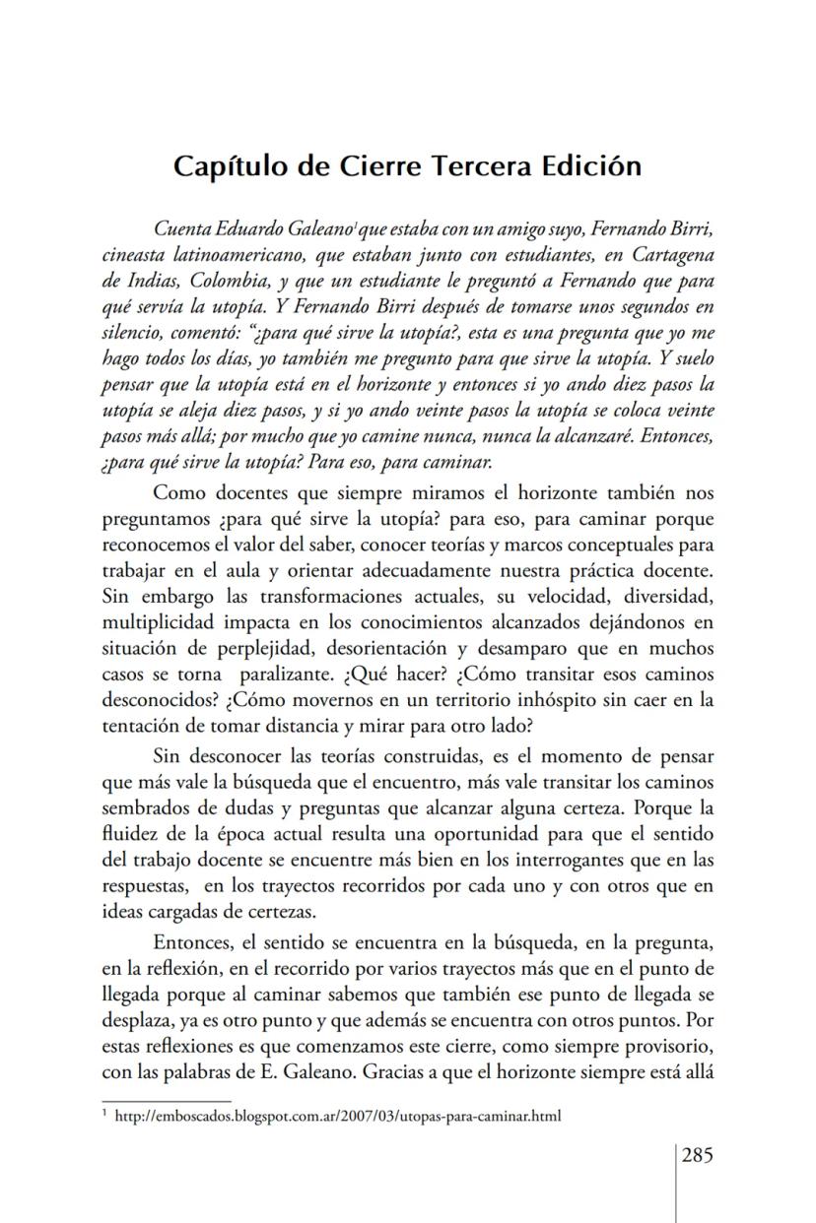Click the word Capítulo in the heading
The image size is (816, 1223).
(x=229, y=165)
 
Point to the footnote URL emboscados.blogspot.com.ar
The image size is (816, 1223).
(x=336, y=1117)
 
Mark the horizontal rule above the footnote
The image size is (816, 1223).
(x=167, y=1101)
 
